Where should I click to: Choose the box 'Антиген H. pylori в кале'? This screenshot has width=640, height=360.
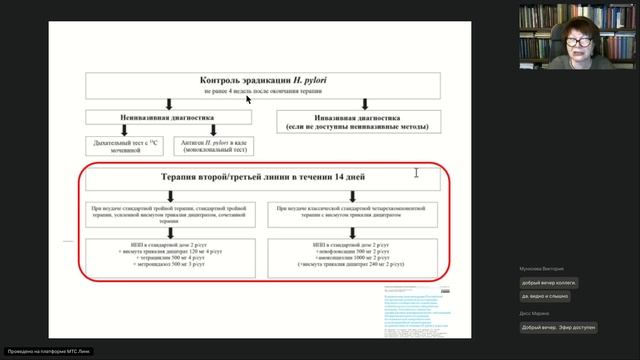pyautogui.click(x=206, y=148)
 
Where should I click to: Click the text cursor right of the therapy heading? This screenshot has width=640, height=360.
pyautogui.click(x=416, y=173)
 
